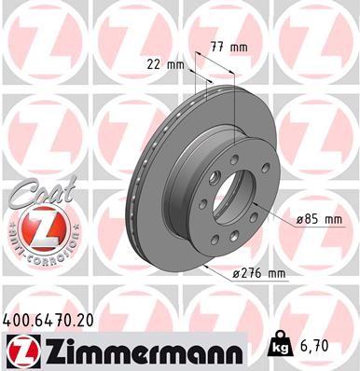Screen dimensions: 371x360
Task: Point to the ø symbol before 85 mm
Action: tap(300, 220)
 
